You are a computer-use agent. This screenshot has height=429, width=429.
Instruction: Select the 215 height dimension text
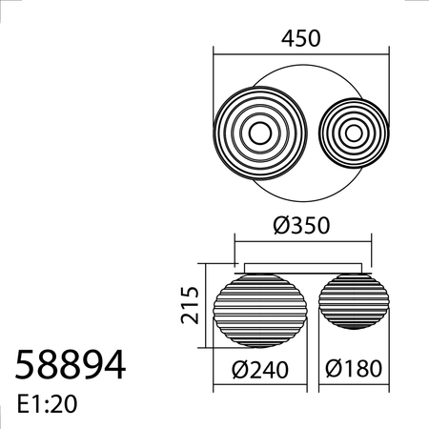(188, 304)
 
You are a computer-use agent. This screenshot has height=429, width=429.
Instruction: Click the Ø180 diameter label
(355, 369)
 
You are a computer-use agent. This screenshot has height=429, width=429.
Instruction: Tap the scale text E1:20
(48, 403)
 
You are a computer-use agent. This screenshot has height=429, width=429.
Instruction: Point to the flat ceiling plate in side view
(301, 267)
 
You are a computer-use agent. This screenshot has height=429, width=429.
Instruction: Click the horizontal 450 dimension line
(301, 53)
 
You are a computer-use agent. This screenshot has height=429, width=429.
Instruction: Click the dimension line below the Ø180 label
(355, 387)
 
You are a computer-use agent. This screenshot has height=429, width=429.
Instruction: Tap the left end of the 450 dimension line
(214, 53)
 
